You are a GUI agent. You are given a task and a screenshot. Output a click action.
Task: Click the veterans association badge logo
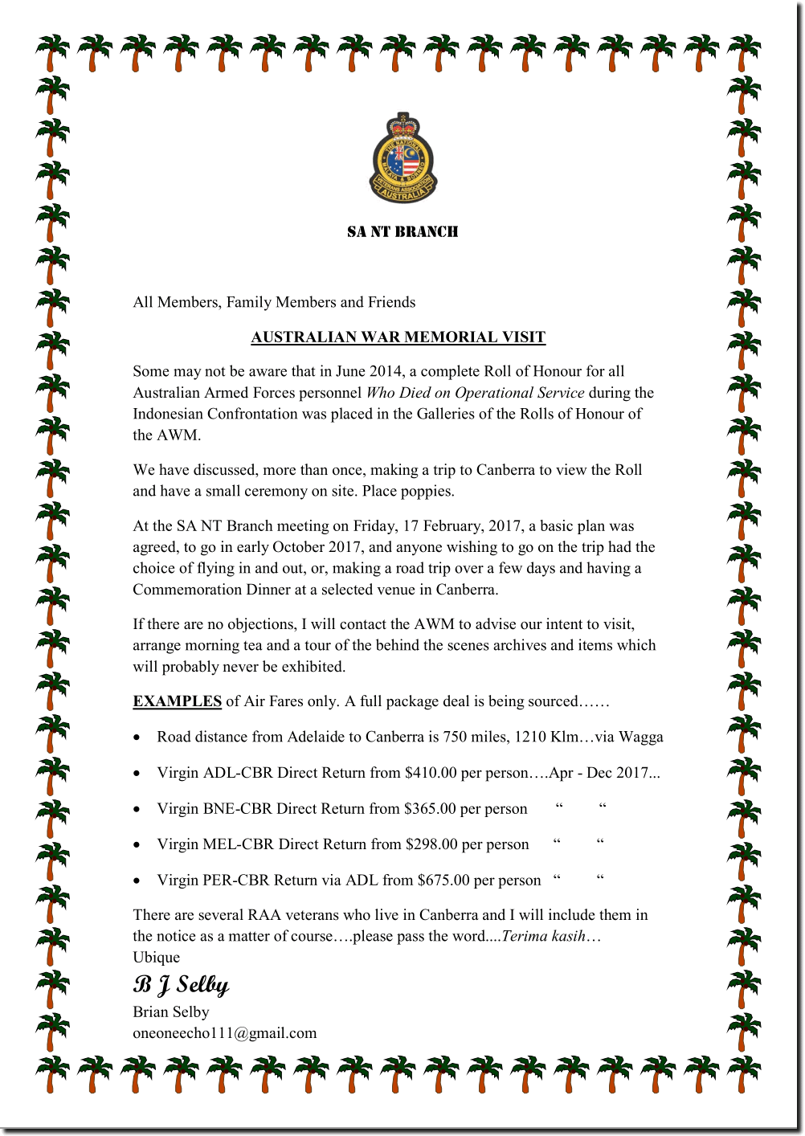click(x=402, y=158)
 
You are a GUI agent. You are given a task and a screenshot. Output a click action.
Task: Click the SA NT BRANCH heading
click(x=402, y=232)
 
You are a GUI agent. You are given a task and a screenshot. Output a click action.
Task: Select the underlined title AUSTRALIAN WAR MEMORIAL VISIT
click(x=398, y=337)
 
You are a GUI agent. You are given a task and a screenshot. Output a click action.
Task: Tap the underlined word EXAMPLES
click(x=177, y=701)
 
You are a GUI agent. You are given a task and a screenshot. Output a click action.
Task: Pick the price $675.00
click(x=443, y=881)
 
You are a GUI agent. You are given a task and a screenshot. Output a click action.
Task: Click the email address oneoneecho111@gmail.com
click(x=225, y=1033)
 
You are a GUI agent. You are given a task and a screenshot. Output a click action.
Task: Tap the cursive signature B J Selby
click(x=181, y=985)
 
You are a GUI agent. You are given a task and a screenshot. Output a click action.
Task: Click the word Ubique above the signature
click(x=157, y=958)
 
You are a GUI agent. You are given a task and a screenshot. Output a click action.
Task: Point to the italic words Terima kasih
click(x=543, y=936)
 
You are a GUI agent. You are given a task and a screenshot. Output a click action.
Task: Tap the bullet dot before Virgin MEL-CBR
click(x=137, y=845)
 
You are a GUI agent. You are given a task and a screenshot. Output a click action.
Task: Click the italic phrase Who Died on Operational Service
click(x=476, y=393)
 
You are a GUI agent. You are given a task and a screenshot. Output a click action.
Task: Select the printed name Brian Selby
click(x=171, y=1012)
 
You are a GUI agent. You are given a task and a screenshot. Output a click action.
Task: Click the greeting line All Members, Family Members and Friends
click(x=274, y=302)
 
